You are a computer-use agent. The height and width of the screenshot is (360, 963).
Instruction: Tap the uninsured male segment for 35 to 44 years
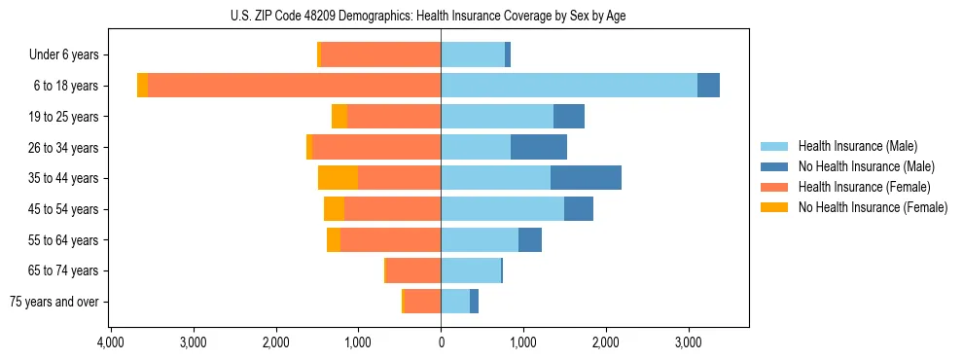[x=586, y=178]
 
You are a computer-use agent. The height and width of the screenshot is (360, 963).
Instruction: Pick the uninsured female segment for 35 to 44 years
[x=338, y=178]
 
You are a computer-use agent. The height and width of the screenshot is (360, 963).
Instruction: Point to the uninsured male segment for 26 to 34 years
[x=539, y=147]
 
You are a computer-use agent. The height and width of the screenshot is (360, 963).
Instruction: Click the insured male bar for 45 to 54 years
[x=502, y=209]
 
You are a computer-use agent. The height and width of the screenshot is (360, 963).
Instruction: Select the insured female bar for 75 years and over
[x=422, y=302]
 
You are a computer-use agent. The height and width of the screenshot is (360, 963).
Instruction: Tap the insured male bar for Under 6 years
[x=473, y=54]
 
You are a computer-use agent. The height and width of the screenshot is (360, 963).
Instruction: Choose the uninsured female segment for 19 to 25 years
[x=339, y=117]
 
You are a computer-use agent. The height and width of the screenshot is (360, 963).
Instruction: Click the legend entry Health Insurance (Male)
[x=857, y=146]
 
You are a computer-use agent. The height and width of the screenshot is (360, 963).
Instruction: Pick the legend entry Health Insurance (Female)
[x=864, y=187]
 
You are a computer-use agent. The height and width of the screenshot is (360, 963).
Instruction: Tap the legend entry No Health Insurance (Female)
[x=873, y=207]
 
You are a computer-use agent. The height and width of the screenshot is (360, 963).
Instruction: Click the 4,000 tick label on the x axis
[x=110, y=342]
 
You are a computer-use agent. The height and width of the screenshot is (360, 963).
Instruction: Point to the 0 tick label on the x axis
[x=441, y=342]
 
